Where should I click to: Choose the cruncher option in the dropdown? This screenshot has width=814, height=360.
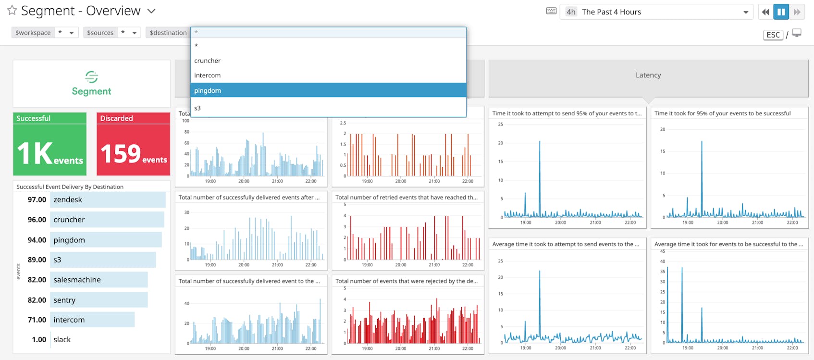(208, 61)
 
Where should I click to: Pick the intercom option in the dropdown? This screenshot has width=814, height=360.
(208, 75)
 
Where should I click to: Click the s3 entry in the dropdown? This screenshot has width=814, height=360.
(197, 108)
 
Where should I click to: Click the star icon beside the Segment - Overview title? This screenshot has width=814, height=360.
(12, 10)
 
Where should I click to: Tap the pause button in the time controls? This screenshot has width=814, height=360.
(781, 12)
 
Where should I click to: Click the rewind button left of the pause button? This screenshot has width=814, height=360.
(765, 12)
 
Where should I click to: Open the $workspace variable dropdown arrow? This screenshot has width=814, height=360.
(72, 33)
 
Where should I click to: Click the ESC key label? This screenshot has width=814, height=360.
(773, 35)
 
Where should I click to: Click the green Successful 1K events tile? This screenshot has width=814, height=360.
(49, 144)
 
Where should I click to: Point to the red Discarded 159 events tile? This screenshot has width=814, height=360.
(133, 144)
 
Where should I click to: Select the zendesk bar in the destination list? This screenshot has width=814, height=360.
(108, 199)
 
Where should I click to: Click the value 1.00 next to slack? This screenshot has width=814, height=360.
(39, 339)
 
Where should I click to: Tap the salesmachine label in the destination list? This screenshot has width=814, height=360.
(77, 280)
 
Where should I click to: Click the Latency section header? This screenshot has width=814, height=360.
(648, 75)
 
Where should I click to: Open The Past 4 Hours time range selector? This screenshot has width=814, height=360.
(656, 12)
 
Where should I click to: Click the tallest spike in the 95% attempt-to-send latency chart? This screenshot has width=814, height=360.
(540, 143)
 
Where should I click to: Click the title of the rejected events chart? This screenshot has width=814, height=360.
(407, 281)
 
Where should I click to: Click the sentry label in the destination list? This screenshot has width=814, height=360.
(64, 300)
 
